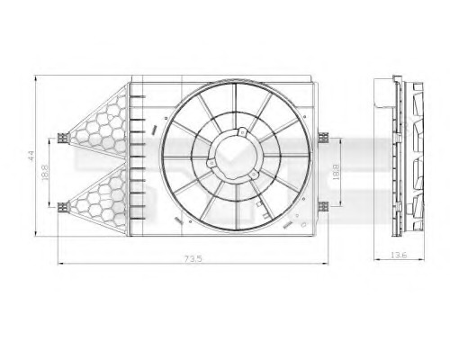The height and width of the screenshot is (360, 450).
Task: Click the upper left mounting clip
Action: coord(62,138)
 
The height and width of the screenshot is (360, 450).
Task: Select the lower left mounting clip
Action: coord(62,206)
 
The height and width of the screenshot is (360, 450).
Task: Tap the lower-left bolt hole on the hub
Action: coord(211,164)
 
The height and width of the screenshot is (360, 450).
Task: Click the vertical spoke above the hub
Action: coord(236,103)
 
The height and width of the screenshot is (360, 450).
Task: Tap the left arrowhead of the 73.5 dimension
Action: coord(60,263)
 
